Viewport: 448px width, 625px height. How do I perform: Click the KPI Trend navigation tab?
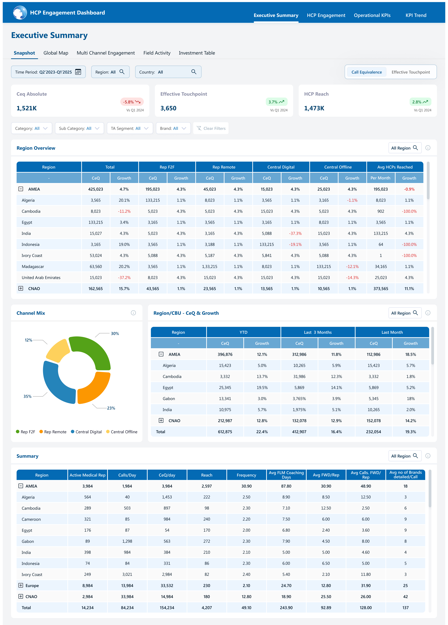point(416,15)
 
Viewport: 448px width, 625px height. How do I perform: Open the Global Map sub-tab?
point(56,53)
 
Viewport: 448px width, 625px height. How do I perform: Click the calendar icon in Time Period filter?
point(78,72)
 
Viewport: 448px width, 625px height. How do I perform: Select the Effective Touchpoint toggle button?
point(410,72)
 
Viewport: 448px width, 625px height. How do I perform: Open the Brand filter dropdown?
point(173,128)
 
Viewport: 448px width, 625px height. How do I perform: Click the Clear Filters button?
point(211,128)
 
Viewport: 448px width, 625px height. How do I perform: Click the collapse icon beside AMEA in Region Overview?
point(21,189)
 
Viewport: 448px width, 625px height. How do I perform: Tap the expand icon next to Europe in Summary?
point(21,585)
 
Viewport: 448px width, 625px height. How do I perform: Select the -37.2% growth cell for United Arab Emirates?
point(124,277)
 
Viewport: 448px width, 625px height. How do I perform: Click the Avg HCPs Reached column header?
point(395,167)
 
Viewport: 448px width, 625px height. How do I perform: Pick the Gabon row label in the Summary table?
point(28,541)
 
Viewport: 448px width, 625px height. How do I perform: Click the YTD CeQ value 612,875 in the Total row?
point(225,432)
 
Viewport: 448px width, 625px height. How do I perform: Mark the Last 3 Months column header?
point(318,332)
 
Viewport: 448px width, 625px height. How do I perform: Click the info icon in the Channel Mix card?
point(133,313)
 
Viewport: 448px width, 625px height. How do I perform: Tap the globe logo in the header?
point(20,13)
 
